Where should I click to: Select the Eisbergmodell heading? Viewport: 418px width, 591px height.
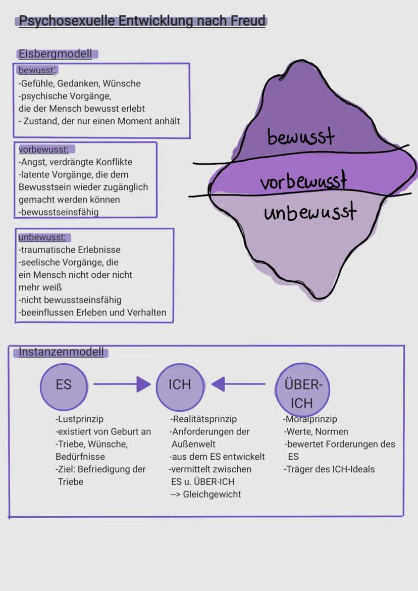tap(56, 54)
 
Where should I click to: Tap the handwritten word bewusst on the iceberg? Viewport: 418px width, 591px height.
tap(301, 136)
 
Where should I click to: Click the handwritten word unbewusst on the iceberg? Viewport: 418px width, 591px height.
tap(309, 211)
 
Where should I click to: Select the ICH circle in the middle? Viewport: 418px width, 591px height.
tap(180, 385)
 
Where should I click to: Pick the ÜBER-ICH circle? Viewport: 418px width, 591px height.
tap(302, 389)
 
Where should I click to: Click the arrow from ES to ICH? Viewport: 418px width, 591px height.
tap(122, 384)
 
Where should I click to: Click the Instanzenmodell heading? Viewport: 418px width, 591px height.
tap(61, 352)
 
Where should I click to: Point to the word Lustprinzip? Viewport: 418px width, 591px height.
tap(81, 419)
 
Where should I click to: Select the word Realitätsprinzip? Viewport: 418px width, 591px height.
tap(204, 419)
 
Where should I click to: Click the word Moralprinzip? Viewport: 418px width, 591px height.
tap(311, 419)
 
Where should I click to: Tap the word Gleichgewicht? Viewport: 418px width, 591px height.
tap(212, 494)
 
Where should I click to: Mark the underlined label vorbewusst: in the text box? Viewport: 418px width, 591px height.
tap(43, 150)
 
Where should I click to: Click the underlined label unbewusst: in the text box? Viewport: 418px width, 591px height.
tap(42, 237)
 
